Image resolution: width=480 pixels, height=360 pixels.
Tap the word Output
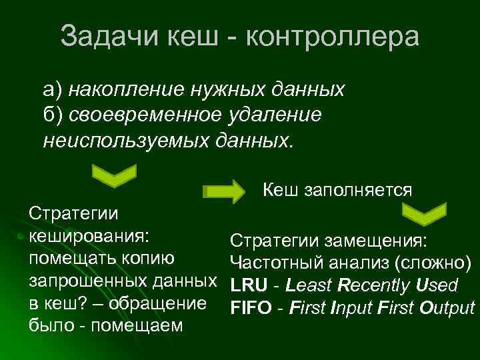[x=445, y=309]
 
